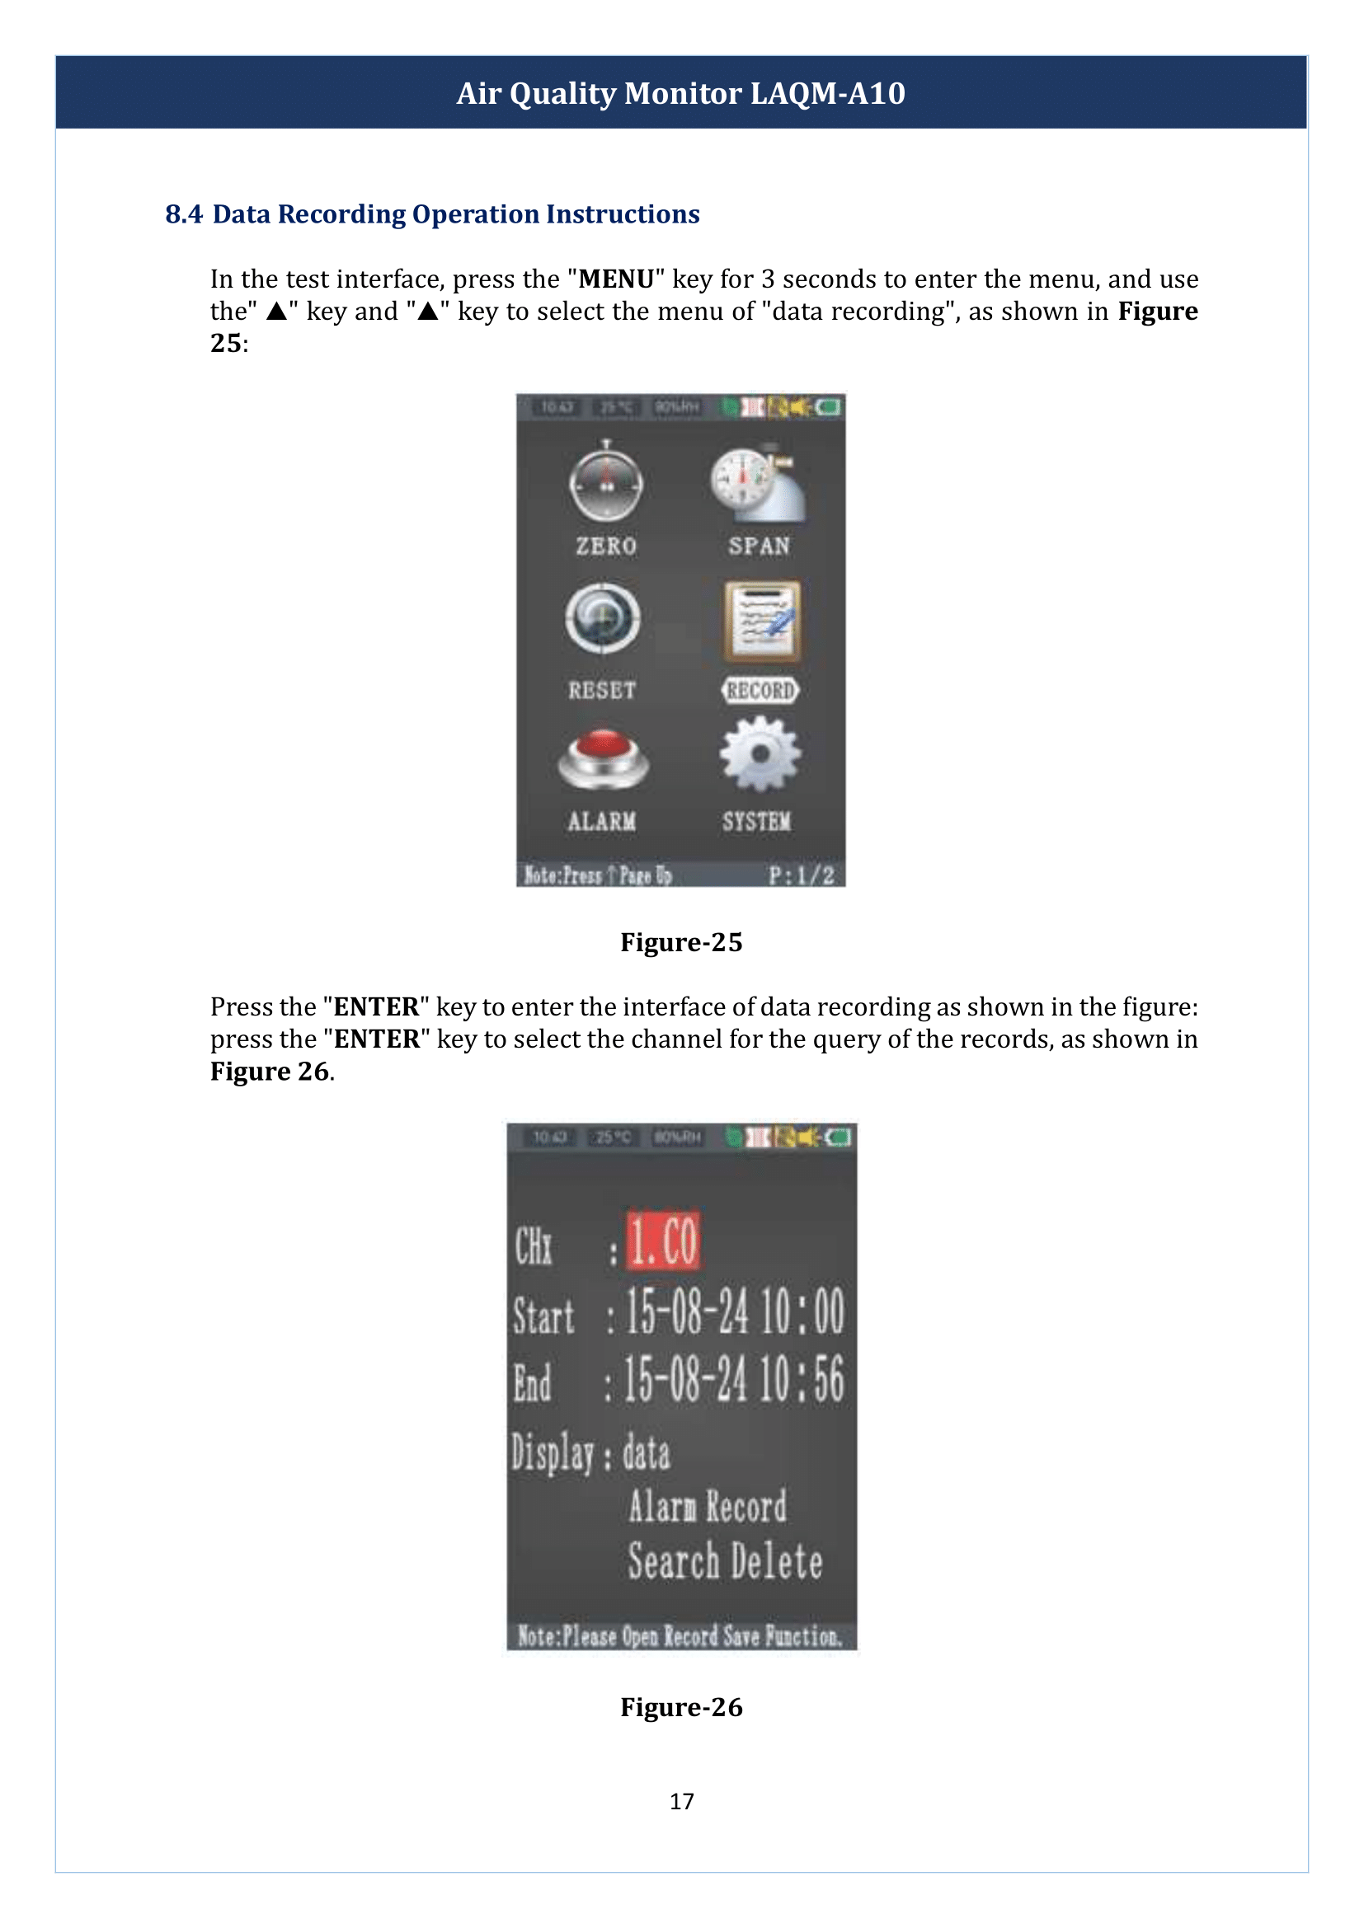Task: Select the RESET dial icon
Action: [x=603, y=619]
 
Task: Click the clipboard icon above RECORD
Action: [x=762, y=621]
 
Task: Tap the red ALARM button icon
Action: [x=603, y=758]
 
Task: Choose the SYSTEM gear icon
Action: [x=760, y=754]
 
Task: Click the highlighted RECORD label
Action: [x=760, y=690]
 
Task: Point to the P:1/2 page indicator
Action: [x=802, y=876]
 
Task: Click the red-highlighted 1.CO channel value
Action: [x=664, y=1241]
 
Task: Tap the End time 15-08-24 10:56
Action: [x=733, y=1380]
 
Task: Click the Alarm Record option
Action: [x=708, y=1507]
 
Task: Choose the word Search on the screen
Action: [x=674, y=1562]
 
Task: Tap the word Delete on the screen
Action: [x=776, y=1562]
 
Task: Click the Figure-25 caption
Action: [x=681, y=942]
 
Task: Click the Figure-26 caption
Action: [x=681, y=1707]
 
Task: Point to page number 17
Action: [x=681, y=1801]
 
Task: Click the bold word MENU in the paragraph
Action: [x=616, y=279]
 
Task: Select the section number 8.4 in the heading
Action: [x=183, y=214]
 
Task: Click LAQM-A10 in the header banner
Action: [x=827, y=93]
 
